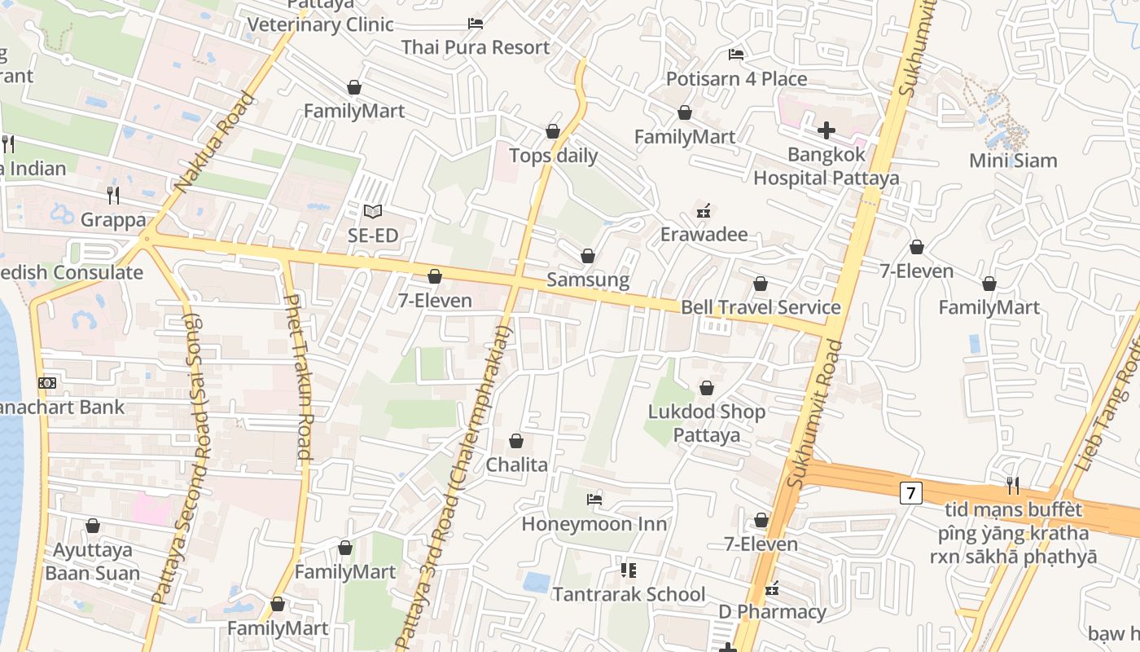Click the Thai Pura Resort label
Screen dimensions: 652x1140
pos(476,47)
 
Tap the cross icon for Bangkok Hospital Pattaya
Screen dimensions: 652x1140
pos(826,130)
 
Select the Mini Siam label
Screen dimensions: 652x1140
pos(1013,161)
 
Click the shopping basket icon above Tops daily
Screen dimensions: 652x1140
pos(553,131)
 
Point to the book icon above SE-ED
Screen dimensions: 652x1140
pos(373,211)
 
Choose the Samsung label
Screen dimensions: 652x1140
pos(587,280)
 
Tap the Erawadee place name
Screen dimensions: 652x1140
pos(704,235)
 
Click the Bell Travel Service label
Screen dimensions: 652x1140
pos(761,307)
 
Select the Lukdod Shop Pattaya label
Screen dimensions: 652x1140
pos(707,423)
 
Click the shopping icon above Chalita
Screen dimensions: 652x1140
pos(516,441)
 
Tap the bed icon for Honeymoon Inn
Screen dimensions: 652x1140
pos(594,499)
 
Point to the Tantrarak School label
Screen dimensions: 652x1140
pos(629,594)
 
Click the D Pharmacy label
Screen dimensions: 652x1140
pos(772,612)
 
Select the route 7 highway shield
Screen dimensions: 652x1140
pos(911,492)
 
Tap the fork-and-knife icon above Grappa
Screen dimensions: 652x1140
pos(113,195)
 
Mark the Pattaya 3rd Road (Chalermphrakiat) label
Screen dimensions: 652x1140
pos(456,489)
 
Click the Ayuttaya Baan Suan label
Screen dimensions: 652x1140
pos(92,562)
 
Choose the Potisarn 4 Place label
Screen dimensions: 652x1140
pos(736,79)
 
